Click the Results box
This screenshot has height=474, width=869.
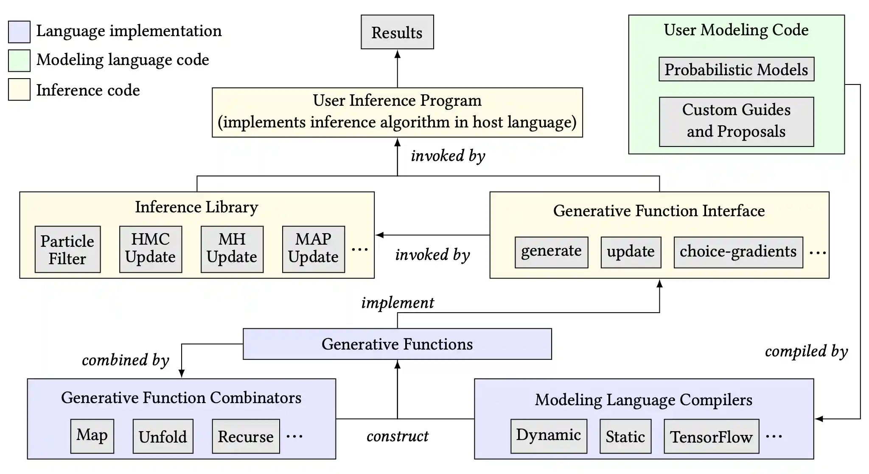pyautogui.click(x=397, y=32)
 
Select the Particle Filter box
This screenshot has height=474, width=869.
pyautogui.click(x=67, y=249)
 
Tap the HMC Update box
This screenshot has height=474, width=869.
pyautogui.click(x=151, y=249)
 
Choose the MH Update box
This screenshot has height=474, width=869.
pyautogui.click(x=232, y=249)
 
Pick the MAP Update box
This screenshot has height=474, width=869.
pyautogui.click(x=314, y=249)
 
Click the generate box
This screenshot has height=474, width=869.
pyautogui.click(x=551, y=252)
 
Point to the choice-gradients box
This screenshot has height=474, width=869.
pyautogui.click(x=738, y=252)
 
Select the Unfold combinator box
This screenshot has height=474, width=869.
pyautogui.click(x=163, y=436)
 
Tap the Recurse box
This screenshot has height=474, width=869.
pyautogui.click(x=246, y=436)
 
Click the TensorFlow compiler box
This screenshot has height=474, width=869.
pyautogui.click(x=712, y=436)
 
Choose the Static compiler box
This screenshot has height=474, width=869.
pyautogui.click(x=625, y=436)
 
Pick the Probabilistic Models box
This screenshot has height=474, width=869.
pyautogui.click(x=736, y=69)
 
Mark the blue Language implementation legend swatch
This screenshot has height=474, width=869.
pyautogui.click(x=19, y=32)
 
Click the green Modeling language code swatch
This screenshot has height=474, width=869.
pyautogui.click(x=19, y=60)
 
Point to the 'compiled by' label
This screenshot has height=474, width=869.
pyautogui.click(x=806, y=351)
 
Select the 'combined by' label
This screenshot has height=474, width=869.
pyautogui.click(x=126, y=360)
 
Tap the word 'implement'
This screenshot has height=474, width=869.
pyautogui.click(x=398, y=303)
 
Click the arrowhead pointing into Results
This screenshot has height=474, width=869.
pyautogui.click(x=398, y=54)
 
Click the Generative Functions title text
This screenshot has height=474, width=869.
pyautogui.click(x=397, y=344)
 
